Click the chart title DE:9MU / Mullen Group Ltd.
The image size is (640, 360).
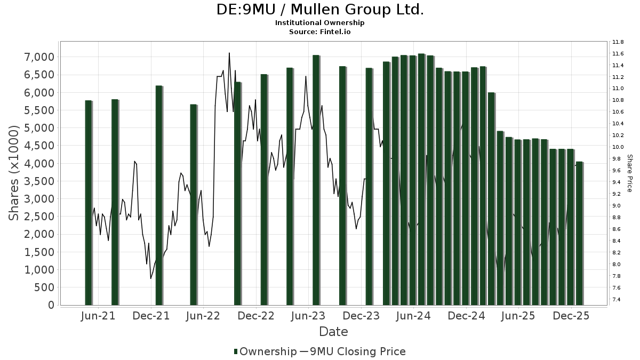click(x=320, y=10)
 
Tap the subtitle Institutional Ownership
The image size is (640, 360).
click(x=320, y=23)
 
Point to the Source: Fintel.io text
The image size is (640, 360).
click(x=320, y=31)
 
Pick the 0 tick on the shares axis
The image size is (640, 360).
click(x=51, y=305)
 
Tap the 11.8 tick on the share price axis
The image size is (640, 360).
click(x=618, y=42)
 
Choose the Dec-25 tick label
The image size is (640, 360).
click(x=571, y=316)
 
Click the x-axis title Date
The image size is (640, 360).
click(x=333, y=332)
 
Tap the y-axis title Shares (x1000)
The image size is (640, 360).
click(x=15, y=173)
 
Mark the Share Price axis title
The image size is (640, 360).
click(x=629, y=173)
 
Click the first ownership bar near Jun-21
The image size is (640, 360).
click(x=89, y=203)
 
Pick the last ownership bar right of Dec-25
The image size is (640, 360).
click(x=579, y=233)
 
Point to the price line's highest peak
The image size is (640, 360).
click(x=229, y=53)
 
